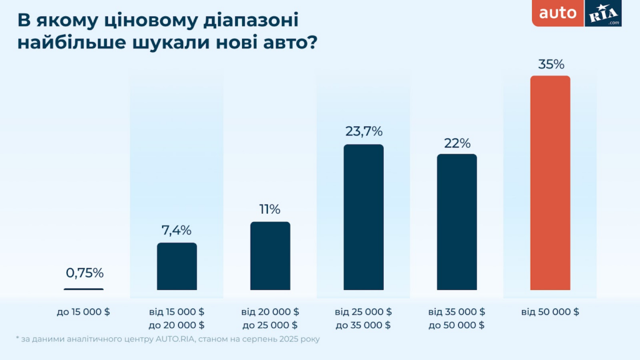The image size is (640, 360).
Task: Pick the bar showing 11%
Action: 270,256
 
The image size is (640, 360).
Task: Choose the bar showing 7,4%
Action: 177,266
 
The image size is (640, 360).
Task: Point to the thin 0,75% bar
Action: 84,289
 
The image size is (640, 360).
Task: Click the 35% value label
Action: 551,64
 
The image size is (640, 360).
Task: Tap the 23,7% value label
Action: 364,132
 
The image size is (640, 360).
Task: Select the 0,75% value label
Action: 84,272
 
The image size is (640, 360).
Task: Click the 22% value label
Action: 457,142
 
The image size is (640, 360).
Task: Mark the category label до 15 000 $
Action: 83,311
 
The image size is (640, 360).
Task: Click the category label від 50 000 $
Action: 550,311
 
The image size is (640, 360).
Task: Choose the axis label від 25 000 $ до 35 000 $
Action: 363,318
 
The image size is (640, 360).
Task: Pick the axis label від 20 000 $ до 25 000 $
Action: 270,318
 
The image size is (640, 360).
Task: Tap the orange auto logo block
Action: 557,13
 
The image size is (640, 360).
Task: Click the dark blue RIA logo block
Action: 604,13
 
